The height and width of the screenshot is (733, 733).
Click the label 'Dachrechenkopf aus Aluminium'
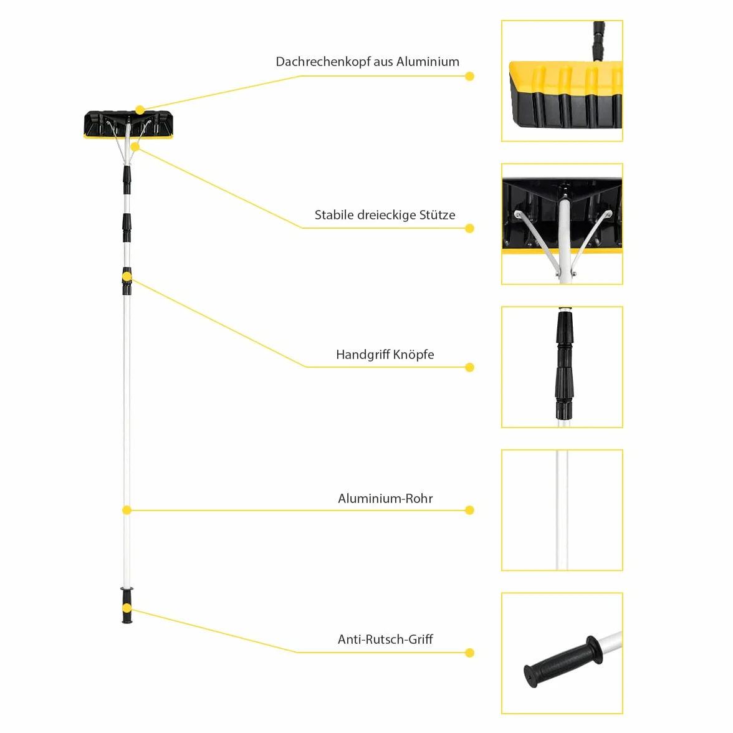[x=368, y=62]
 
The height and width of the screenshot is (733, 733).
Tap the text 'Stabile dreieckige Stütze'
[x=385, y=215]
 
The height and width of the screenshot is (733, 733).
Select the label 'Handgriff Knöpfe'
[x=385, y=354]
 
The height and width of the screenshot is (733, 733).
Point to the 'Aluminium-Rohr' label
[x=385, y=499]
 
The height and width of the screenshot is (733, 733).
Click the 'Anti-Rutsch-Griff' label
[x=385, y=639]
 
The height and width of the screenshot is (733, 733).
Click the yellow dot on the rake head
[x=140, y=110]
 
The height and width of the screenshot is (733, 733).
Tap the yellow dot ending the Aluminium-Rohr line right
[x=470, y=510]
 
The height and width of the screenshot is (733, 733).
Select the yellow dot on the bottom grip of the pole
[x=127, y=608]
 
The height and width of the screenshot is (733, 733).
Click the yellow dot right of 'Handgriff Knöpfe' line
[x=470, y=368]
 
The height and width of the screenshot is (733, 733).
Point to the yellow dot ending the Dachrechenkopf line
[x=470, y=76]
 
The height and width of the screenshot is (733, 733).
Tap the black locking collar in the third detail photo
[x=564, y=364]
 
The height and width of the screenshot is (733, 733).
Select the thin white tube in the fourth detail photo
[x=562, y=510]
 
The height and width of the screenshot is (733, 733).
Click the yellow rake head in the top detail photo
[x=566, y=95]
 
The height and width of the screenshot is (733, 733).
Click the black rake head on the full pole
[x=128, y=125]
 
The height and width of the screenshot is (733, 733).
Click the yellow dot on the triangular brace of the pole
[x=135, y=147]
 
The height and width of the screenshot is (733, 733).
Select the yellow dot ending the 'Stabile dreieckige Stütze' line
[x=470, y=228]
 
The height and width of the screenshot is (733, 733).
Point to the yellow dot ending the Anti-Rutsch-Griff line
[x=470, y=653]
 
